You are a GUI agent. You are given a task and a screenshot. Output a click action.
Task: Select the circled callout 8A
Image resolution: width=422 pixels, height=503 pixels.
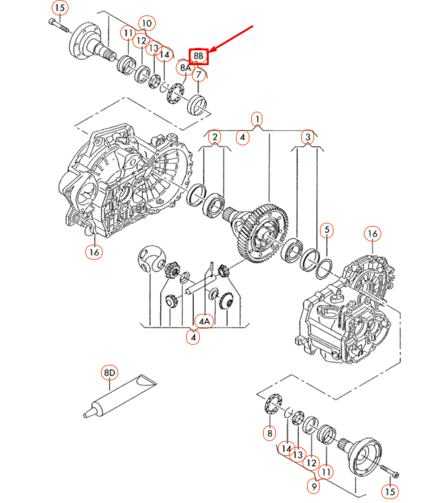185,67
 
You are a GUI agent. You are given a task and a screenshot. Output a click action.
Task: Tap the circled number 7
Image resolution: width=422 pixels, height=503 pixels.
200,75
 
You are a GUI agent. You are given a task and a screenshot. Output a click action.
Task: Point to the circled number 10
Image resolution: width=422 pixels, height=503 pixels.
147,23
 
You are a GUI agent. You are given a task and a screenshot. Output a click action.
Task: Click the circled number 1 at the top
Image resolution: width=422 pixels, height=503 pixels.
257,119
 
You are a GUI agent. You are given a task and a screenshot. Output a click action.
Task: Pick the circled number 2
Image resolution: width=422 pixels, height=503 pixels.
215,136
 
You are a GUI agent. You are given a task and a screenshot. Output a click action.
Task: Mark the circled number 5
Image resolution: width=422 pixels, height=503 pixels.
327,230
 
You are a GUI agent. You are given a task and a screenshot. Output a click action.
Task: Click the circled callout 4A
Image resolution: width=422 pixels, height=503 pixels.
204,320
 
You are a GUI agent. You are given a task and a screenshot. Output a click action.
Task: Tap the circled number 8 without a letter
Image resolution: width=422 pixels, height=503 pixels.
269,433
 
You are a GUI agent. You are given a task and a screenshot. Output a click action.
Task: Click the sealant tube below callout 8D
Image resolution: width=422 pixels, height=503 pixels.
120,397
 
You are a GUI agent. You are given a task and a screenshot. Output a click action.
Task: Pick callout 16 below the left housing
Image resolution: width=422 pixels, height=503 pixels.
94,252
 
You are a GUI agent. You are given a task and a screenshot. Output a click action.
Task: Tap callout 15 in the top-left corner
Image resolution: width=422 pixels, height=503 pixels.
59,8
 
